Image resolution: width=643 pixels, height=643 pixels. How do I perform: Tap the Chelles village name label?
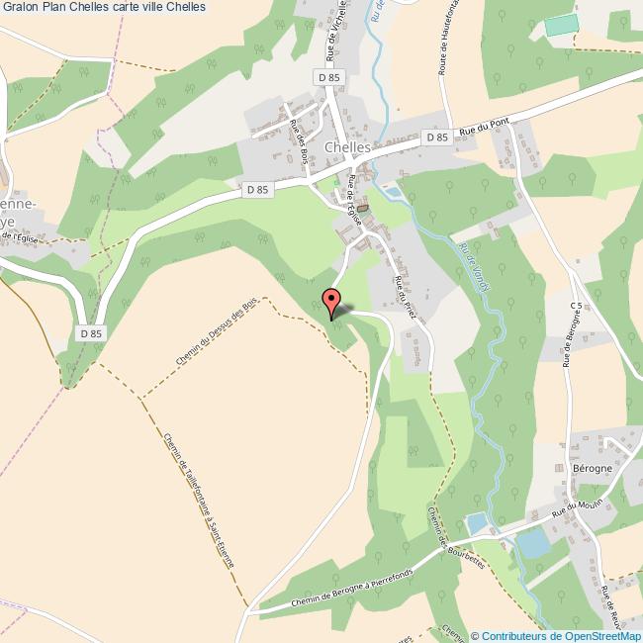[x=347, y=147]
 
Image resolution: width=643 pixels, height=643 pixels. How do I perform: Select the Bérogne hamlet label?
[x=593, y=466]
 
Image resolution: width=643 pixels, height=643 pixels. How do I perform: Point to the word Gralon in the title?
[x=22, y=7]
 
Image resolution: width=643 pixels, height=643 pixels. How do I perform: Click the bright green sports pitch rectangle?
[x=560, y=26]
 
